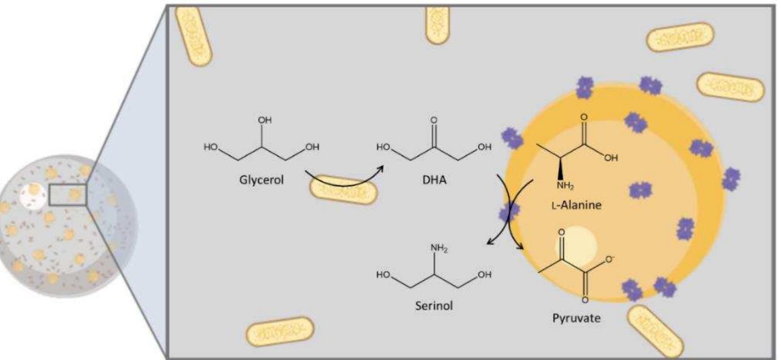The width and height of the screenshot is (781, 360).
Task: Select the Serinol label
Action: [433, 295]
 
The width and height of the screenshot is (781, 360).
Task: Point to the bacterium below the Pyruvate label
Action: [655, 331]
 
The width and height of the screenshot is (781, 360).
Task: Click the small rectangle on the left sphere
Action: [67, 195]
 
